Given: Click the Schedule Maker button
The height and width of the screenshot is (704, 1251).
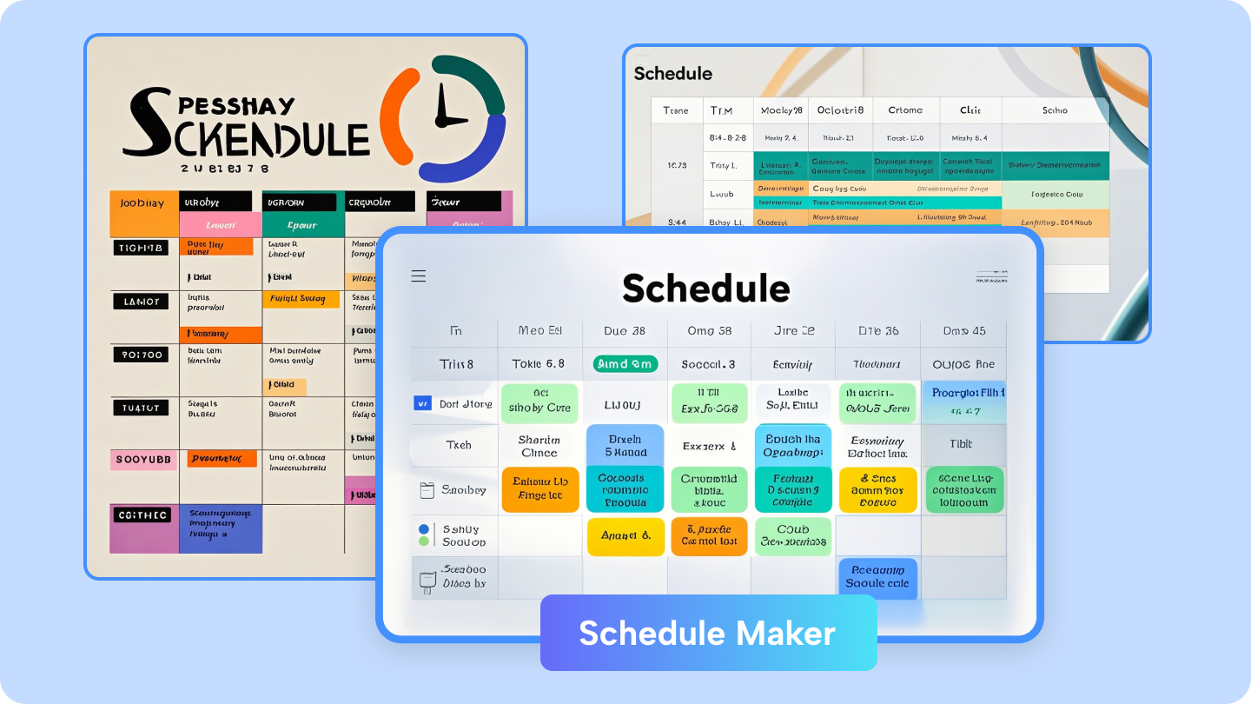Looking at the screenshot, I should (x=708, y=633).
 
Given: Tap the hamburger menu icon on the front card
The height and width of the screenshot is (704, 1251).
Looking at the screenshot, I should (x=419, y=276).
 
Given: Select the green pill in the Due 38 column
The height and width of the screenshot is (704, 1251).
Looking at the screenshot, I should (x=625, y=364).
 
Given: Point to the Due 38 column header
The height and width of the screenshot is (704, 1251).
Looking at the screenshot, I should (x=625, y=330).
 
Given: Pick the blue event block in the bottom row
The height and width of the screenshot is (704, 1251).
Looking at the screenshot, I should (x=877, y=577).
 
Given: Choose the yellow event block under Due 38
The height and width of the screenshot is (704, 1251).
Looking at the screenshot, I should (x=625, y=536).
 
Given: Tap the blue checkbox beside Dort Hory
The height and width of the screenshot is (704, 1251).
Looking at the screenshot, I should (x=422, y=403).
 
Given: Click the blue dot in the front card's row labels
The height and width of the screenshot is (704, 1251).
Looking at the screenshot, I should (x=424, y=528).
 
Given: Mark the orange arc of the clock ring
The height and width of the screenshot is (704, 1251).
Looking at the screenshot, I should (x=396, y=113).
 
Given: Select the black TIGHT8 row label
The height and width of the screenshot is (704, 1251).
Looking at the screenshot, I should (x=139, y=248).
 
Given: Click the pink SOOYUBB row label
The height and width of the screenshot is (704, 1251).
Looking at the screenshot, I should (x=142, y=459).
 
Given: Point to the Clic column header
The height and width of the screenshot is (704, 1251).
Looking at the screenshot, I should (x=970, y=110).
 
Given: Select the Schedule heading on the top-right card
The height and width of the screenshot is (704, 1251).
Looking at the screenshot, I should (x=673, y=74).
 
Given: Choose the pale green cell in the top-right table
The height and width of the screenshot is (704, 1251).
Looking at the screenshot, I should (x=1055, y=195).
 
